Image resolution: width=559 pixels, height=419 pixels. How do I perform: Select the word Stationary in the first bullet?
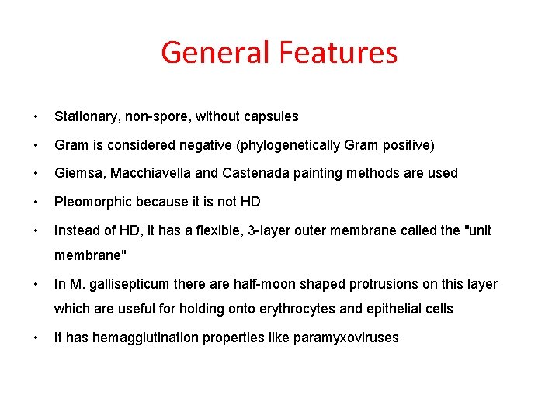(84, 116)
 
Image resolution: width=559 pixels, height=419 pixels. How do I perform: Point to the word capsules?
(271, 116)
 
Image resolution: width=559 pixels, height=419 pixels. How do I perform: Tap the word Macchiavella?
(141, 173)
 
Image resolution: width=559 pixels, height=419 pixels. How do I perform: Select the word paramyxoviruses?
(346, 338)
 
